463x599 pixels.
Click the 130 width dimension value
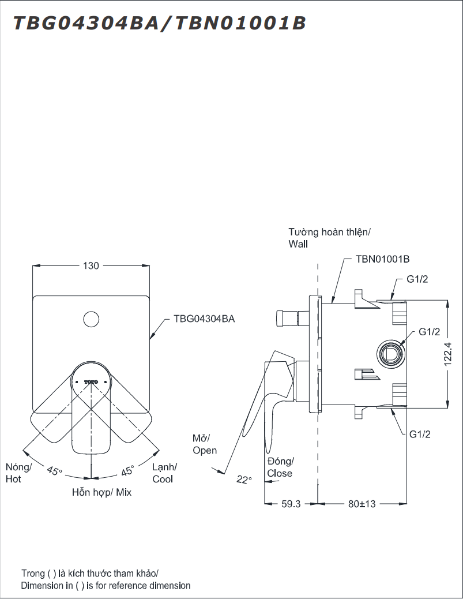coord(91,266)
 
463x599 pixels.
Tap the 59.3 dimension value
coord(291,504)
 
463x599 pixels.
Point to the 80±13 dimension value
coord(362,504)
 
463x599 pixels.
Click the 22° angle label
coord(244,480)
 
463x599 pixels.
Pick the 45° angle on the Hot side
coord(54,470)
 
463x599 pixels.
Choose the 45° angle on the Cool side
coord(127,470)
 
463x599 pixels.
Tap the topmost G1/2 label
coord(417,279)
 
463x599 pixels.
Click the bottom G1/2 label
coord(420,435)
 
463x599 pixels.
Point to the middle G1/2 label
coord(429,332)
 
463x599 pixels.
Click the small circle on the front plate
coord(91,319)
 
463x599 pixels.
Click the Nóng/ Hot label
coord(18,473)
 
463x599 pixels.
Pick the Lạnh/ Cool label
coord(164,473)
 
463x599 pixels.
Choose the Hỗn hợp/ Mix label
coord(101,492)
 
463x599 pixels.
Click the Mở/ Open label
coord(205,444)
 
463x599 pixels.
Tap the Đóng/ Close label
coord(280,467)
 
